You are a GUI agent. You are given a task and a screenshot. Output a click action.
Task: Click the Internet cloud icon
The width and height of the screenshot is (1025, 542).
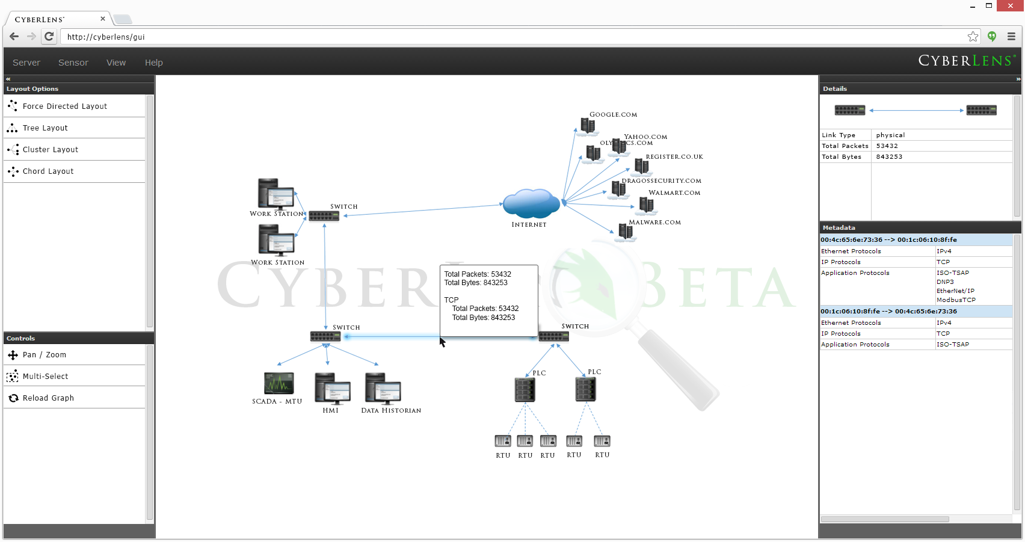[x=531, y=203]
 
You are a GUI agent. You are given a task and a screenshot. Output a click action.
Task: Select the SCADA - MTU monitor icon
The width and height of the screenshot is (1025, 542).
[x=279, y=383]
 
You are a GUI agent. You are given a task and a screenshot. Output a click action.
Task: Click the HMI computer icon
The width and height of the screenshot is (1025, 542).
[x=332, y=389]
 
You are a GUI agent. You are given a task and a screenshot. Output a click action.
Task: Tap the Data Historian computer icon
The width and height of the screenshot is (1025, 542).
[x=383, y=389]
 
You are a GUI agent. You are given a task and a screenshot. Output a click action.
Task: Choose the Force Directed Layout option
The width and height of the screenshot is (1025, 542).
[x=65, y=106]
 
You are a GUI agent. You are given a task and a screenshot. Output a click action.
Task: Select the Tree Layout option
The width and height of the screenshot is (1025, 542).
[x=45, y=128]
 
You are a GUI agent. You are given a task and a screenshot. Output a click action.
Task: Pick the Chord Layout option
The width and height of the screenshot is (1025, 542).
[x=48, y=171]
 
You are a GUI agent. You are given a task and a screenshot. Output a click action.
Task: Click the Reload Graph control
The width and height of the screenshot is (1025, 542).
[x=48, y=398]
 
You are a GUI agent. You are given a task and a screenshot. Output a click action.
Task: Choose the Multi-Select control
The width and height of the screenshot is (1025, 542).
[x=45, y=377]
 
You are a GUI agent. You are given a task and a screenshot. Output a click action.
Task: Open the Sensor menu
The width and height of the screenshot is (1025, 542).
[x=73, y=63]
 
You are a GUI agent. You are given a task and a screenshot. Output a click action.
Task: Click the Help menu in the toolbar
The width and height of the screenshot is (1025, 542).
[x=153, y=63]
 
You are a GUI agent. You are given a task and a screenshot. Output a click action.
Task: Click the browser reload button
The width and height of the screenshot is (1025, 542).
[x=49, y=37]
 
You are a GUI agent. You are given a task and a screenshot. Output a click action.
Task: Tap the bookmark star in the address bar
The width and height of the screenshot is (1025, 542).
[x=973, y=37]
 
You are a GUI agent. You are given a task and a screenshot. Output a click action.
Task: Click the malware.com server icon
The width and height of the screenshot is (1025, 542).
[x=626, y=232]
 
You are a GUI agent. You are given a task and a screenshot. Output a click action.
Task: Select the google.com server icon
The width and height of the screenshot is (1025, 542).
[x=587, y=126]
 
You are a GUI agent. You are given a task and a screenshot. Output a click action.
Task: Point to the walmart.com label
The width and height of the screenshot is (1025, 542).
[x=674, y=193]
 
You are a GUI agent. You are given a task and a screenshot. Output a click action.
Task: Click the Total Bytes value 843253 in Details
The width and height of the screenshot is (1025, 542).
[x=889, y=157]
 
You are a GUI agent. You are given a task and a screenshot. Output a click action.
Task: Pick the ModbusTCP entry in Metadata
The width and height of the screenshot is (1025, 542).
[x=956, y=300]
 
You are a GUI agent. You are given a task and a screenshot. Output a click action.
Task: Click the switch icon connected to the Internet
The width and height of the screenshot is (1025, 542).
[x=324, y=216]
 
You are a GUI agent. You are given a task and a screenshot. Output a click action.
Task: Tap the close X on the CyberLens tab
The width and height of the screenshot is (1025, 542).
[x=103, y=19]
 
